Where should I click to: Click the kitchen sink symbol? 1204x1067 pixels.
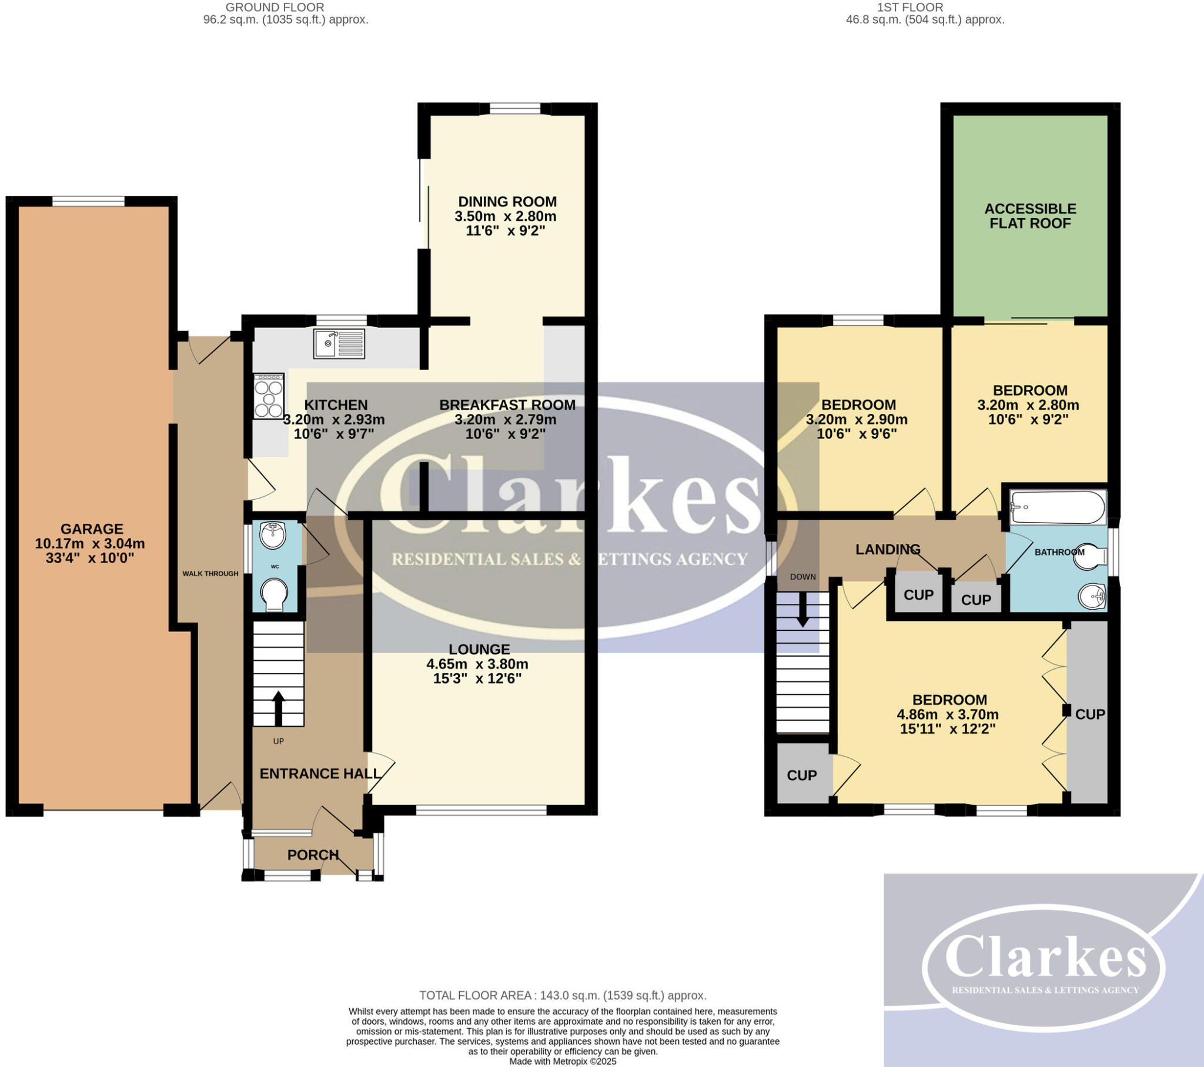pos(339,343)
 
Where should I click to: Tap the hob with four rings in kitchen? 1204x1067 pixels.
pos(269,396)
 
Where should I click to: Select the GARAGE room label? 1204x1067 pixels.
pos(91,529)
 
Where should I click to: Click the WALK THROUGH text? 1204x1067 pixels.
pos(210,573)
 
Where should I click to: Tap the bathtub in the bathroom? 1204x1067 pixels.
pos(1057,507)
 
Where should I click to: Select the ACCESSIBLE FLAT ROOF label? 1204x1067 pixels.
pos(1030,216)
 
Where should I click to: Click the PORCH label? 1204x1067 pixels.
pos(313,854)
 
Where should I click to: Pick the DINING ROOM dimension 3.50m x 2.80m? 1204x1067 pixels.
pos(505,216)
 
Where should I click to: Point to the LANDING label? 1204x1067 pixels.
pos(888,550)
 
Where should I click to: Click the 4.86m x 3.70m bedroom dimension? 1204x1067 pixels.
pos(947,714)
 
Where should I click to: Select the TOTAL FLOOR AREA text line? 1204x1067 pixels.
pos(563,995)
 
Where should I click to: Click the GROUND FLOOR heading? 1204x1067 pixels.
pos(275,8)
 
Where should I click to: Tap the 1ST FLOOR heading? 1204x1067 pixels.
pos(909,8)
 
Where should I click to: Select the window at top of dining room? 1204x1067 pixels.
pos(514,108)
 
